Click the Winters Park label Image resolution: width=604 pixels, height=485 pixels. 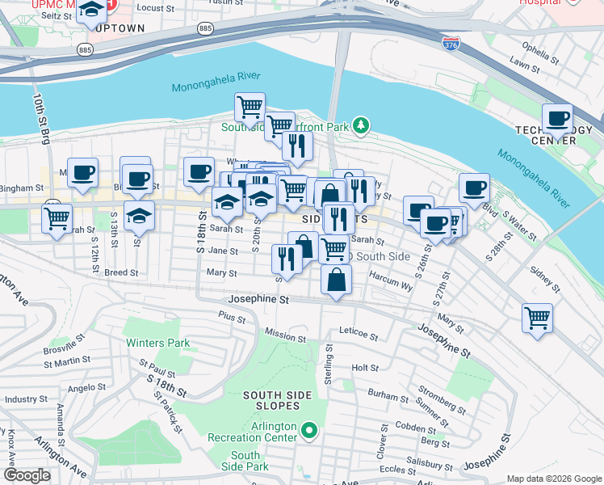tap(157, 343)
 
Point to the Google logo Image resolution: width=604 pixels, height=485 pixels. tap(26, 475)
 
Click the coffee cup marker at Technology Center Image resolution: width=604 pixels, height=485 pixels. tap(557, 119)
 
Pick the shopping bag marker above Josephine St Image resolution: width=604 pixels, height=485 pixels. tap(336, 280)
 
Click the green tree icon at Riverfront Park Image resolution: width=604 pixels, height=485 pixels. tap(363, 125)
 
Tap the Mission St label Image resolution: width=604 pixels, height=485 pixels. tap(285, 334)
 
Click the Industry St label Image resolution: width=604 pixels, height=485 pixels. tap(27, 399)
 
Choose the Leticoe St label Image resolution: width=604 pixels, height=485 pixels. tap(359, 333)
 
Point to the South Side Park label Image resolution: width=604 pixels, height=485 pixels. tap(245, 462)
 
